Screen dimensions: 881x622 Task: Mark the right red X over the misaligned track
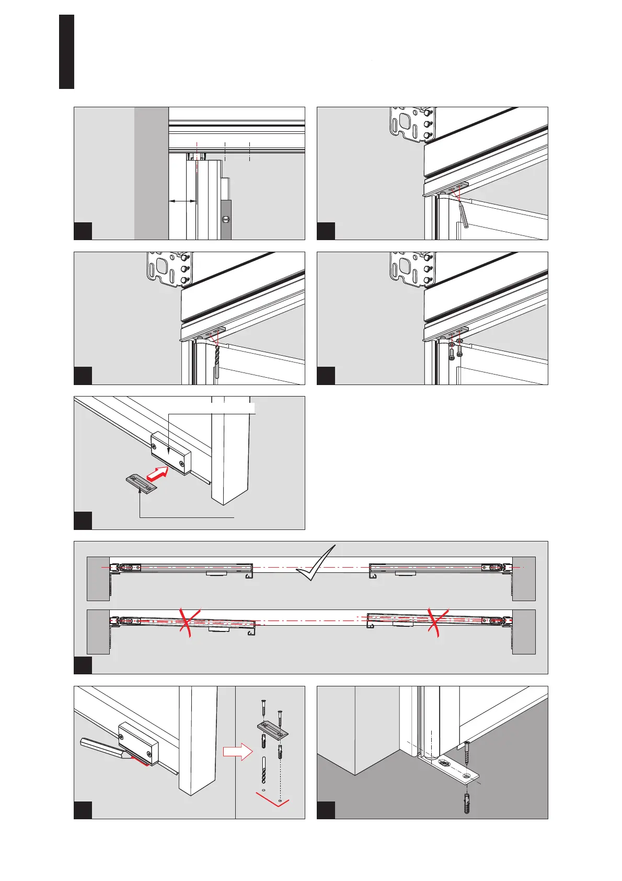point(436,622)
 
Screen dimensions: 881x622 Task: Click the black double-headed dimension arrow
point(182,201)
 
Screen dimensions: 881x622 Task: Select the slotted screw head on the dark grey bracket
point(226,220)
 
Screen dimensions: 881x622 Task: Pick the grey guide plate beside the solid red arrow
point(141,483)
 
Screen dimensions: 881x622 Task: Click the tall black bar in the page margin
point(67,51)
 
